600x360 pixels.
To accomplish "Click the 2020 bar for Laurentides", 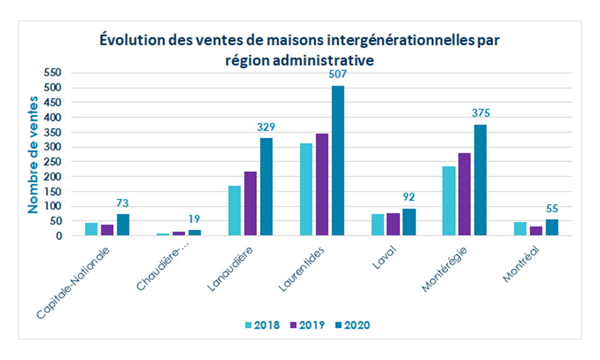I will tap(337, 161).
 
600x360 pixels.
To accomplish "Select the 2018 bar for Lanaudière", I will tap(234, 211).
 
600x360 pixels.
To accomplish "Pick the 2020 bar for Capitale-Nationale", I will tap(123, 224).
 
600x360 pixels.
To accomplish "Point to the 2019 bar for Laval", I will tap(393, 224).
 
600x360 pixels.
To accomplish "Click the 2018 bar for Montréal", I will tap(520, 229).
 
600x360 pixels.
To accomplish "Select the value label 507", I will tap(337, 74).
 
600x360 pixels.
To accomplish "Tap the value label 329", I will tap(266, 127).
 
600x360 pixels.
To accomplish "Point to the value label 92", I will tap(409, 197).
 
